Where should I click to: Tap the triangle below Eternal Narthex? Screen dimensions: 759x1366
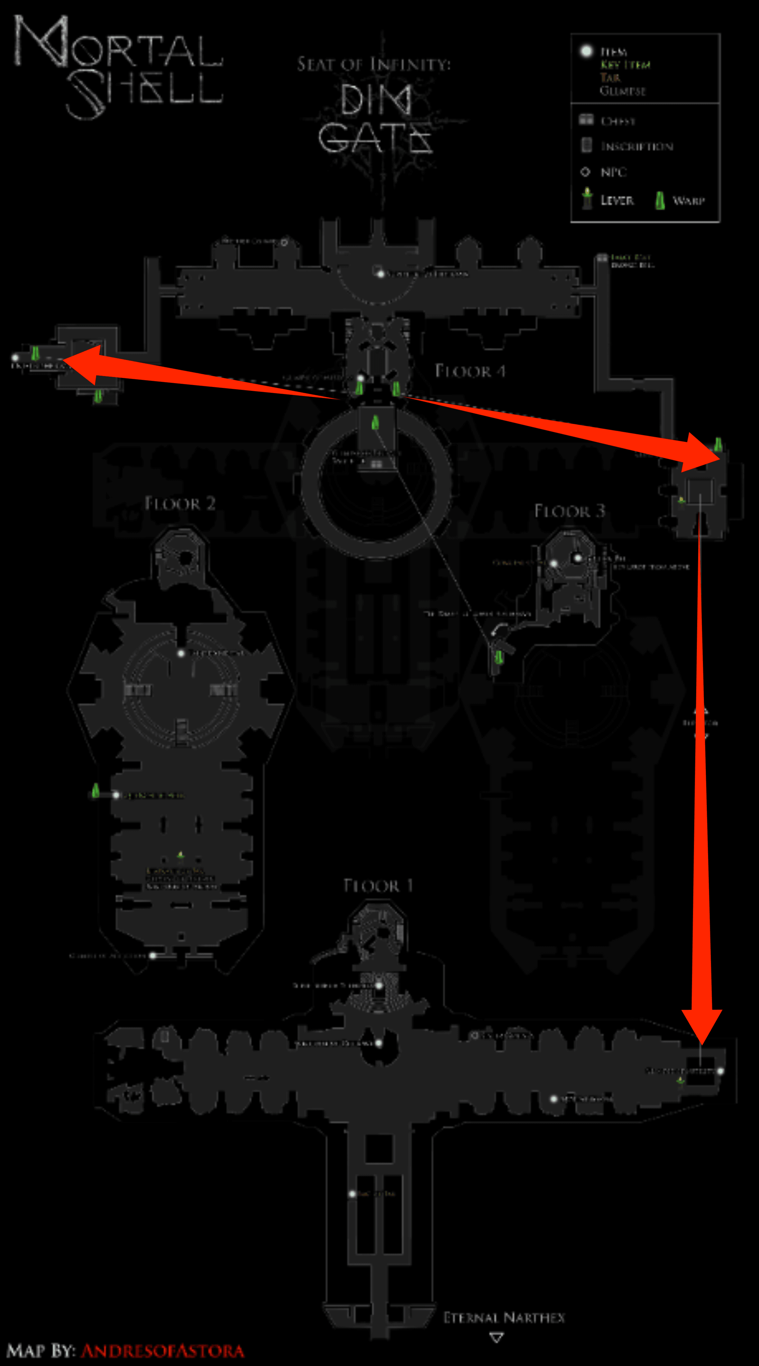(496, 1338)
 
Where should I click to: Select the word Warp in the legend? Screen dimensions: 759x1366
(689, 200)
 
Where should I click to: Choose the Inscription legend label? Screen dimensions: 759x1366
(636, 146)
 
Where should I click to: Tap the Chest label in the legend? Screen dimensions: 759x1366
(617, 121)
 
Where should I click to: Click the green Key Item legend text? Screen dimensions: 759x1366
(626, 65)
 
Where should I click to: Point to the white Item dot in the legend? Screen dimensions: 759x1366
(586, 51)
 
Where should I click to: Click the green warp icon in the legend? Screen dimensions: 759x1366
(660, 200)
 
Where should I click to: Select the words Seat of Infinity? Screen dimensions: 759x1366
(374, 64)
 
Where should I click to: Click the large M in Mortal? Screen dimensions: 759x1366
(41, 42)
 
